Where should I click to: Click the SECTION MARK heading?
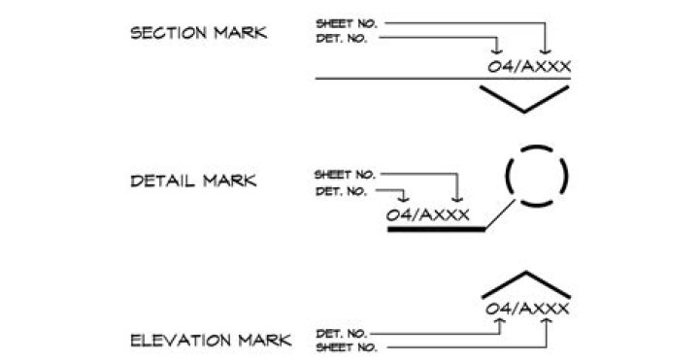point(198,33)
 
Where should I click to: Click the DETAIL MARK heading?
point(193,180)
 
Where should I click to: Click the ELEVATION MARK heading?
point(211,341)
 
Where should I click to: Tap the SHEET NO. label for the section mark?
point(347,23)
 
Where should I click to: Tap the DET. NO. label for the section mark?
point(342,39)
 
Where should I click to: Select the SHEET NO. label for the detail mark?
point(345,175)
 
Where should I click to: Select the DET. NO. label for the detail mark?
point(341,191)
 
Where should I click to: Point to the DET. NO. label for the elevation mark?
point(342,333)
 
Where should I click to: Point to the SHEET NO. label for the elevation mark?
point(347,347)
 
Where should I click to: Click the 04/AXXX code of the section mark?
point(529,66)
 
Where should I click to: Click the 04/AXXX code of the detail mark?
point(427,215)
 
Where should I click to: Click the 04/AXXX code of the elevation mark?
point(527,309)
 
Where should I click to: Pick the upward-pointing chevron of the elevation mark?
point(526,273)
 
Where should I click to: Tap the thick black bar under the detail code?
point(436,229)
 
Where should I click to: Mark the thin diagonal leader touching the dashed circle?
point(500,214)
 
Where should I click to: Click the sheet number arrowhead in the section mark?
point(546,51)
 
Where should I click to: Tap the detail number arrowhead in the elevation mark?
point(500,321)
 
